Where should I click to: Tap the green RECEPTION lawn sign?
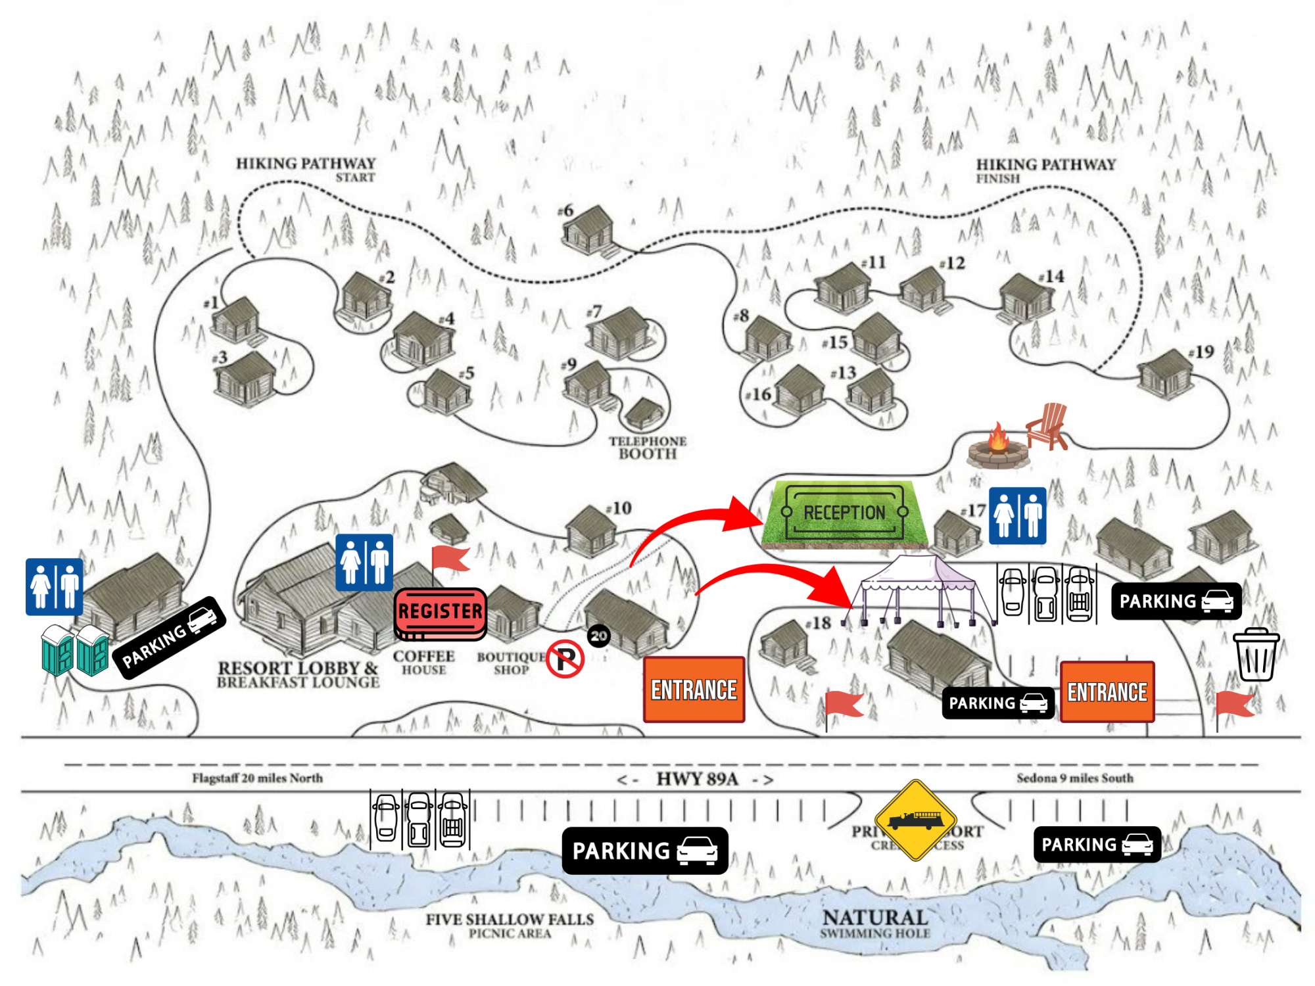click(844, 513)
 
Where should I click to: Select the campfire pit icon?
click(997, 447)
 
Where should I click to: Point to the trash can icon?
click(1256, 654)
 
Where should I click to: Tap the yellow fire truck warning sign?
click(915, 820)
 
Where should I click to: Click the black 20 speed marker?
click(598, 636)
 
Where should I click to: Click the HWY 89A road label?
click(696, 779)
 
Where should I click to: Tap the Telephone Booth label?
click(647, 448)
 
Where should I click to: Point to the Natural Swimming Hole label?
click(875, 922)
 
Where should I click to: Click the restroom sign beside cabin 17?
click(1017, 515)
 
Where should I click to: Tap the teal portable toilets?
click(74, 650)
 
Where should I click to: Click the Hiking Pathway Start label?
click(306, 168)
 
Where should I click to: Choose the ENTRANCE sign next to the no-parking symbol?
click(694, 690)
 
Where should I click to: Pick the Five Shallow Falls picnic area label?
click(510, 924)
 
